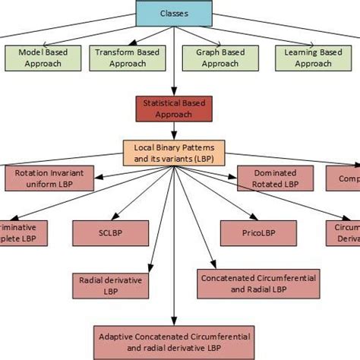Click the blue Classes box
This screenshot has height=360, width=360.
(x=174, y=13)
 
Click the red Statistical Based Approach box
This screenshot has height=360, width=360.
(x=174, y=108)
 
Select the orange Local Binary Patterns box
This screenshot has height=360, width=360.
(x=174, y=151)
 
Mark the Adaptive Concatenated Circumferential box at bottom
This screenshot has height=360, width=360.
(x=174, y=340)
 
